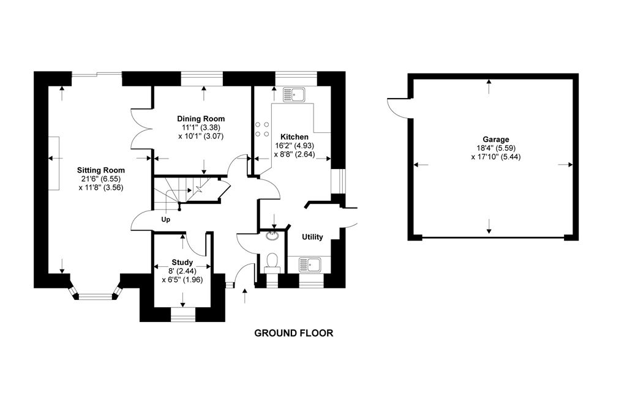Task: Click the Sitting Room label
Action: (x=101, y=170)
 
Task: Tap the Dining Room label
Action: (x=201, y=119)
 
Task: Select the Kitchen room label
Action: (x=295, y=137)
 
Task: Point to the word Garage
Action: (x=495, y=140)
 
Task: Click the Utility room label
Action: (x=312, y=237)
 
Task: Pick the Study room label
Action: (x=182, y=262)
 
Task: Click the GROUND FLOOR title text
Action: (x=293, y=334)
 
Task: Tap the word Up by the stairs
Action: (x=165, y=219)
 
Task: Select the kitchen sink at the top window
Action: (x=296, y=95)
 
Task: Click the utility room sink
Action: (x=309, y=264)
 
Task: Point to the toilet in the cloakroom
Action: (x=272, y=263)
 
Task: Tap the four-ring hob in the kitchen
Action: (x=261, y=129)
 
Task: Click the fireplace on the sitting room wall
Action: (x=55, y=163)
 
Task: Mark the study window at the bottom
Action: (x=182, y=314)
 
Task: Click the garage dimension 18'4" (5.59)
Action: (x=495, y=148)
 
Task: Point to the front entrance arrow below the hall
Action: (x=246, y=297)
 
